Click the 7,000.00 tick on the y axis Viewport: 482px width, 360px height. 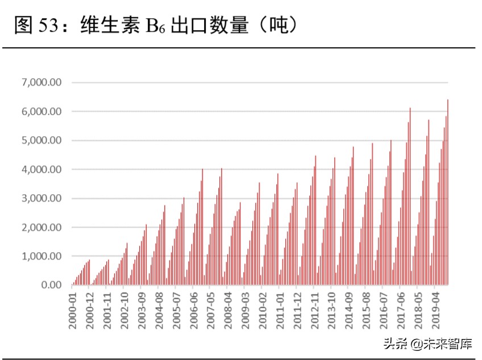(42, 82)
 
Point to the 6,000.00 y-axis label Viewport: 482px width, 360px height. (42, 111)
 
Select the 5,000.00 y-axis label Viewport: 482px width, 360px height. (42, 140)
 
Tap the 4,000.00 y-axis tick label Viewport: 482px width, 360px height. (42, 169)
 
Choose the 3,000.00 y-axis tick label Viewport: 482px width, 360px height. (42, 198)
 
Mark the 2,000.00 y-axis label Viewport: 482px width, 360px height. (42, 227)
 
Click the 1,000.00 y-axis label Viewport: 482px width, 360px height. (42, 256)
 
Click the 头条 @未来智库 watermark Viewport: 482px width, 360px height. (430, 343)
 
